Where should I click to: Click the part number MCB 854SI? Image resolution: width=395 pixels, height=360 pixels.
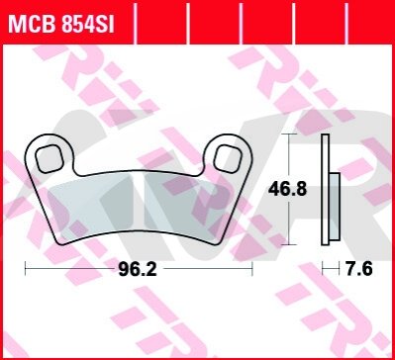(61, 23)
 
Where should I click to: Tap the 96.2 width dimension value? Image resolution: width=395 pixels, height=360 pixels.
(137, 270)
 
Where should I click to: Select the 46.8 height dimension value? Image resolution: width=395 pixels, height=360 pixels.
(287, 190)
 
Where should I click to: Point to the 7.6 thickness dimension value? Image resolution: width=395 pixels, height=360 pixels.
(359, 270)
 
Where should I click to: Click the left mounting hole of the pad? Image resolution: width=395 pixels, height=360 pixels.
(49, 158)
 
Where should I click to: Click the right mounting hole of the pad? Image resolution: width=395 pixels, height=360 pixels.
(228, 158)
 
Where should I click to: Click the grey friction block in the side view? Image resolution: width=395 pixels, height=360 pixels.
(334, 207)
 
